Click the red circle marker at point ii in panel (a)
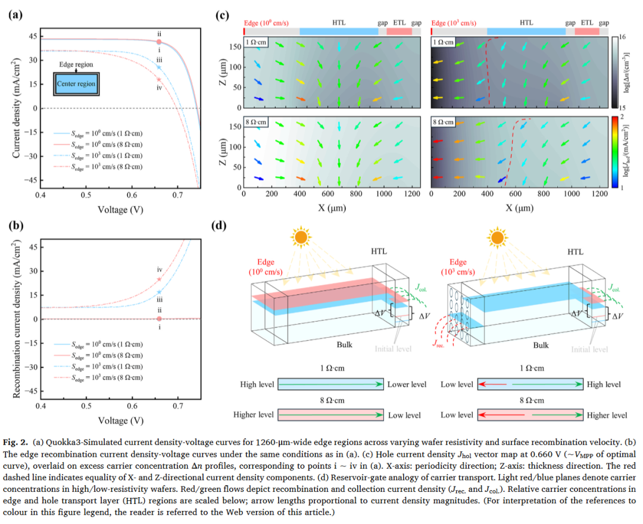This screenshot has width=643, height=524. click(159, 42)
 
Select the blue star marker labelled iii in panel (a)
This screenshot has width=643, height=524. click(159, 67)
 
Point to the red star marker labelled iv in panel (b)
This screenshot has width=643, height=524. click(159, 279)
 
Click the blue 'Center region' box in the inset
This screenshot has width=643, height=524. click(76, 84)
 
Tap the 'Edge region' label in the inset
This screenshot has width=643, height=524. click(76, 63)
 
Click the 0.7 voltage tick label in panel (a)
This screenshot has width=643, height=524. click(177, 195)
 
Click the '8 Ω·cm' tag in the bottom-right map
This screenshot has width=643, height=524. click(444, 122)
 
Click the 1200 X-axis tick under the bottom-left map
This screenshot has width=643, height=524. click(410, 193)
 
